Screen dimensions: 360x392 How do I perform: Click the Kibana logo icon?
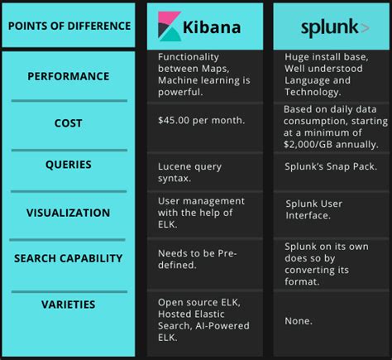point(169,26)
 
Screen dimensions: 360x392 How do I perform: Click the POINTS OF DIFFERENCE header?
point(69,26)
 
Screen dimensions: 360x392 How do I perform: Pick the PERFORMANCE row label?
point(69,76)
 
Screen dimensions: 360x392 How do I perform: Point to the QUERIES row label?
point(69,164)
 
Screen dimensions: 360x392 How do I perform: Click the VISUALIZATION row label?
point(69,212)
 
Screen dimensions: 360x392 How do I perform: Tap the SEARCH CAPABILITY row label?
point(69,258)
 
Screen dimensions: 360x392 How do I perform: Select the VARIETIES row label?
point(69,304)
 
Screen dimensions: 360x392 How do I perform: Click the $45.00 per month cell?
point(201,120)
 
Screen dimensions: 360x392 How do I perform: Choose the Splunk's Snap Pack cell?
point(331,166)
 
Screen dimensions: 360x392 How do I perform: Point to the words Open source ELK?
point(198,301)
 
